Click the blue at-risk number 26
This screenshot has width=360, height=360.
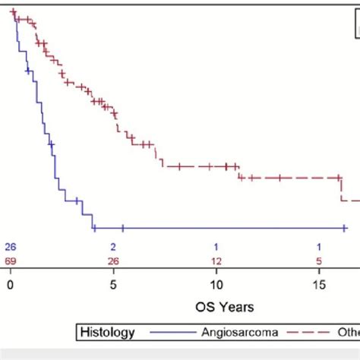coord(10,247)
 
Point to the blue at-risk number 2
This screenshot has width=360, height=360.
coord(113,247)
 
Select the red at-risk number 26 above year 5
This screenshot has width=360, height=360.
coord(113,261)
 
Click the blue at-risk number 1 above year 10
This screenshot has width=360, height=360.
coord(216,247)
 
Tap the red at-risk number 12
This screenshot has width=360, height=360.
coord(216,261)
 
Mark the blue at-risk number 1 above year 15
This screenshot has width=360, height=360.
coord(320,247)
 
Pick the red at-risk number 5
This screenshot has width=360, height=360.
coord(320,261)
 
